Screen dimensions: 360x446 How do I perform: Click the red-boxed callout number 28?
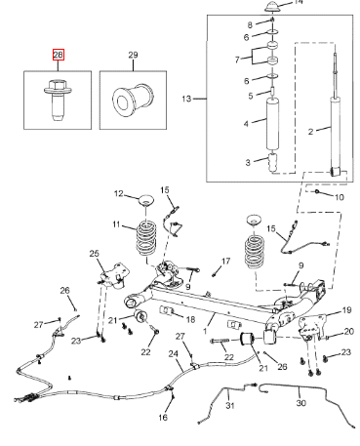coord(59,55)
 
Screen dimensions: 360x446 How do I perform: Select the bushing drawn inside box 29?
coord(133,100)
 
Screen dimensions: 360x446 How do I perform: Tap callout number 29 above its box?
coord(133,55)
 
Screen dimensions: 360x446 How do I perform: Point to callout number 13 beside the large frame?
coord(186,99)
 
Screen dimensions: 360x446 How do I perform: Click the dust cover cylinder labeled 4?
coord(272,124)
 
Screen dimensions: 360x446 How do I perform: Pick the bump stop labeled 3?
coord(272,162)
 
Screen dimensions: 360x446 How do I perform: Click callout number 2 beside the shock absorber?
coord(310,132)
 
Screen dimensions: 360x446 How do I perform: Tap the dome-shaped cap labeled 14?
coord(272,7)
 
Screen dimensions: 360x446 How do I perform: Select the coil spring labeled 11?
coord(145,238)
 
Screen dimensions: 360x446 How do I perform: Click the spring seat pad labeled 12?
coord(145,199)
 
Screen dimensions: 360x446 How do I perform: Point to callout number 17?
coord(225,261)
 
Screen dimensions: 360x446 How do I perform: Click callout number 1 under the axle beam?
coord(205,331)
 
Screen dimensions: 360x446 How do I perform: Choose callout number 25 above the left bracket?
coord(95,253)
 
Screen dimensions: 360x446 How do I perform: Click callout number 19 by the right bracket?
coord(347,310)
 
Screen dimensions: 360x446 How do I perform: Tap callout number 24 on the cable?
coord(174,353)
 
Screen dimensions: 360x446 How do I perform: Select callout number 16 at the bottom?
coord(163,417)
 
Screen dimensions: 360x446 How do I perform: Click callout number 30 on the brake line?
coord(301,403)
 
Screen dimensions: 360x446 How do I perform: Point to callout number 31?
coord(230,405)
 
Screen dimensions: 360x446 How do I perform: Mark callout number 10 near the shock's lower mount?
coord(340,197)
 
